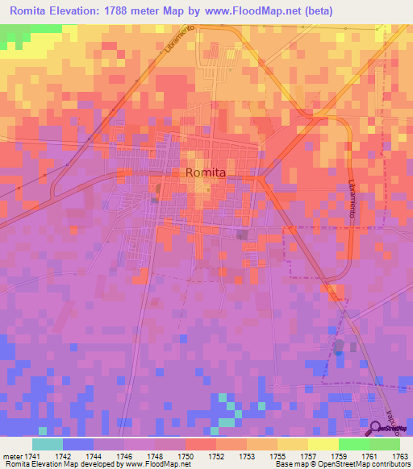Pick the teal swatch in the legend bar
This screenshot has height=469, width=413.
(x=47, y=444)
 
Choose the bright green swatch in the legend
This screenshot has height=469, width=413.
(x=353, y=444)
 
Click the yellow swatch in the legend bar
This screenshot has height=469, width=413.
(x=323, y=444)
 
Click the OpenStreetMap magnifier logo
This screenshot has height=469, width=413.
(x=375, y=429)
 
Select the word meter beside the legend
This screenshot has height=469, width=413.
(x=14, y=455)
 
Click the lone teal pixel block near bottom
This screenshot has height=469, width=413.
(x=230, y=421)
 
